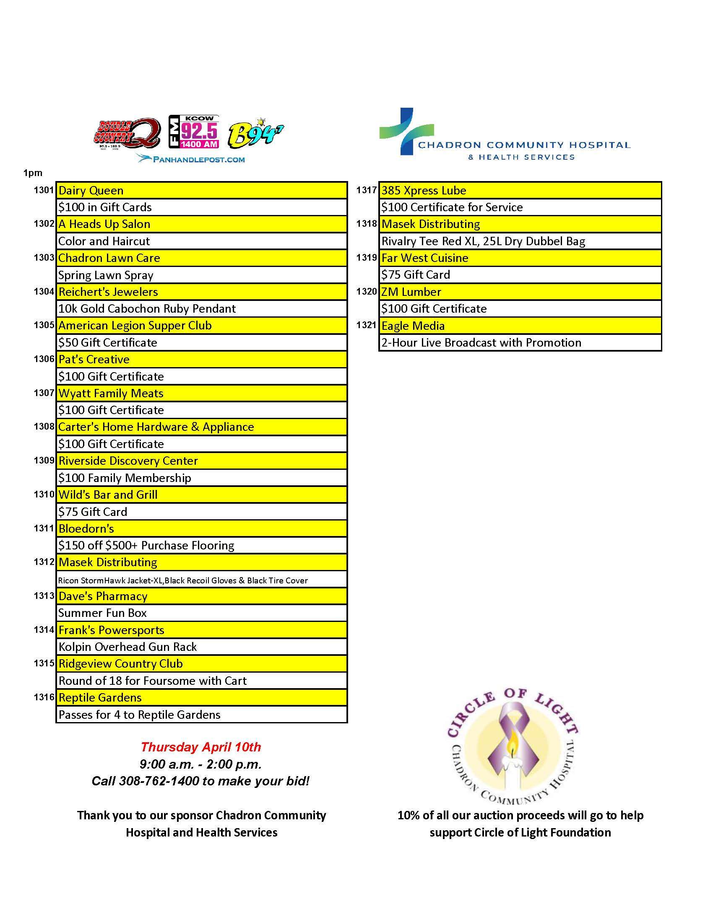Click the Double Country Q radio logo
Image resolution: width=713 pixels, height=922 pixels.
(x=127, y=133)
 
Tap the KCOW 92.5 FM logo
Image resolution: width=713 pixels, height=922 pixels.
(x=194, y=132)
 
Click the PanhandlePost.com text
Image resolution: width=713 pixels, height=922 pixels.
(x=191, y=159)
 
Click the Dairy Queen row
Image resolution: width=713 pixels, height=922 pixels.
(x=201, y=190)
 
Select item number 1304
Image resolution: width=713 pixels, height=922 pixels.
(x=44, y=291)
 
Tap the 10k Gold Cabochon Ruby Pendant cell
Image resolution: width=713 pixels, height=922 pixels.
(x=201, y=308)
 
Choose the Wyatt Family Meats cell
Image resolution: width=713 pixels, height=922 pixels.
(x=201, y=393)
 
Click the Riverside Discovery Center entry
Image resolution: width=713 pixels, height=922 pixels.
(x=201, y=461)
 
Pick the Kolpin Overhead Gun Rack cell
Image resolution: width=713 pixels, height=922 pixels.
(x=201, y=647)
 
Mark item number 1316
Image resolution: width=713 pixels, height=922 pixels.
(x=44, y=697)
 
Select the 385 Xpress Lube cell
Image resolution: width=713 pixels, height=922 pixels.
(x=520, y=190)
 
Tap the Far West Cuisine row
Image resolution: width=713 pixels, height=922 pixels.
(x=520, y=258)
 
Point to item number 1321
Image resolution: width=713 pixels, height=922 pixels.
(x=366, y=325)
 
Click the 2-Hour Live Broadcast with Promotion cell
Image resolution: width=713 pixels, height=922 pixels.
(x=520, y=342)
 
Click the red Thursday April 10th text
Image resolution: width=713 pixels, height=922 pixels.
(x=201, y=747)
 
